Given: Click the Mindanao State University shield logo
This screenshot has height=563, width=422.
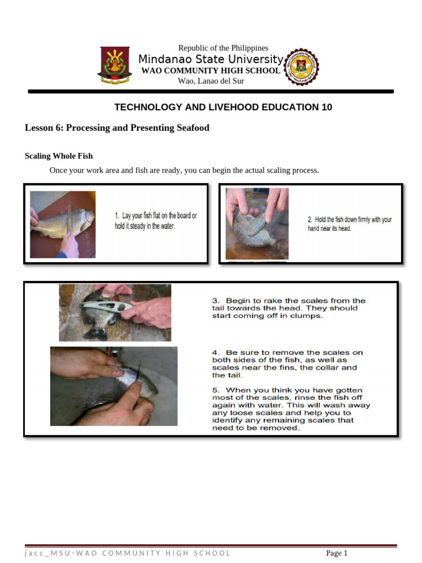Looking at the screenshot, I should click(114, 66).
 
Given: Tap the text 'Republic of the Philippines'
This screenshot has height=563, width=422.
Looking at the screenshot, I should click(223, 48).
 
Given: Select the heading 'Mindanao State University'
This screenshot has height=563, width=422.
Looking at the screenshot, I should click(210, 59).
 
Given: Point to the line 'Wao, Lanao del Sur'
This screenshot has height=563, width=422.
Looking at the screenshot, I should click(211, 81).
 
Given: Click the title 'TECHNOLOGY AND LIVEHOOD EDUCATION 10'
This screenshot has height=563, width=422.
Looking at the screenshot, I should click(223, 107).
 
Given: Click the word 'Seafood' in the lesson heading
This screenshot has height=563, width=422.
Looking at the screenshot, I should click(192, 128).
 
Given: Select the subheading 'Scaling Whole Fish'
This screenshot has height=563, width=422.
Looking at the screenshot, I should click(59, 157).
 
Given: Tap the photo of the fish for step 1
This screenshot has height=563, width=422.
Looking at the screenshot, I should click(63, 224).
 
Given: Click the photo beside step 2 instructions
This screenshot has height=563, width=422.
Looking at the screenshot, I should click(257, 224).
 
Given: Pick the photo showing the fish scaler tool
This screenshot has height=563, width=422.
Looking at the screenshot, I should click(115, 312).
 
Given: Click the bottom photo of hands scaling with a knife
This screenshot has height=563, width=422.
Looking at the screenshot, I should click(114, 386).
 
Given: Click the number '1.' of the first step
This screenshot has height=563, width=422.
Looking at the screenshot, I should click(118, 216).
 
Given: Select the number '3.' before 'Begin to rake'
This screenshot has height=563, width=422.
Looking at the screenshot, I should click(215, 301).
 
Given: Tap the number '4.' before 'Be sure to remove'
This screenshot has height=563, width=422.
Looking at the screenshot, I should click(215, 352).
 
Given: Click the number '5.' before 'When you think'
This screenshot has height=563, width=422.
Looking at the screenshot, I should click(215, 390).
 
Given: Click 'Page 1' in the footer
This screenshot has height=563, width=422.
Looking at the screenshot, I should click(336, 553).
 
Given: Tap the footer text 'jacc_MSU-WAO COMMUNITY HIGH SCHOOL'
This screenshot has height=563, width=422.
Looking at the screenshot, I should click(127, 553).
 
